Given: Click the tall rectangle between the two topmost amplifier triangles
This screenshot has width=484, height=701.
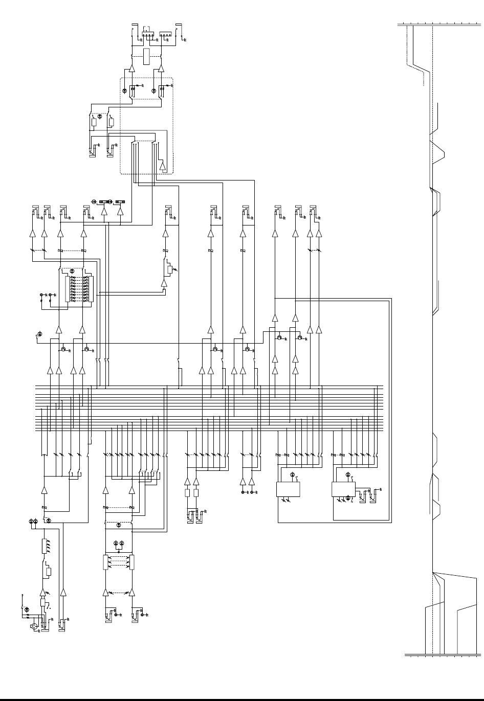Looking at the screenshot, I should pyautogui.click(x=147, y=57).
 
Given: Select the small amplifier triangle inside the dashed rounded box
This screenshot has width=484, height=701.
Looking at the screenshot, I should pyautogui.click(x=163, y=166).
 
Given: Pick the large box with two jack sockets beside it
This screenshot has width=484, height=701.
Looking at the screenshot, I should pyautogui.click(x=343, y=489).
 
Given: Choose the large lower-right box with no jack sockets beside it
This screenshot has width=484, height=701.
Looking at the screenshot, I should pyautogui.click(x=288, y=489).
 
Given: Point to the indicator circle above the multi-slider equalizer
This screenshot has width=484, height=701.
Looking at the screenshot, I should pyautogui.click(x=72, y=271).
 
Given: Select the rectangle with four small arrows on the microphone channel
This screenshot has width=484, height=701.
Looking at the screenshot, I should pyautogui.click(x=44, y=546).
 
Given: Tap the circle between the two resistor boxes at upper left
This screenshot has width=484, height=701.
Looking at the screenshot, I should pyautogui.click(x=100, y=116).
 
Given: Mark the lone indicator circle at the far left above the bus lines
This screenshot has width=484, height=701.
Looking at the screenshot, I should pyautogui.click(x=40, y=334).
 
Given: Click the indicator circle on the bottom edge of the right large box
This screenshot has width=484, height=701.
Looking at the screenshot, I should pyautogui.click(x=348, y=497).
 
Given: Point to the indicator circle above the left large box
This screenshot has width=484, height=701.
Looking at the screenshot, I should pyautogui.click(x=293, y=475).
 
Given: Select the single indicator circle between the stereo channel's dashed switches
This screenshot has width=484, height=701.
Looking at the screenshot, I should pyautogui.click(x=119, y=525).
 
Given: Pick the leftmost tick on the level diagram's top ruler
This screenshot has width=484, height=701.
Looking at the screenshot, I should pyautogui.click(x=404, y=24).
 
